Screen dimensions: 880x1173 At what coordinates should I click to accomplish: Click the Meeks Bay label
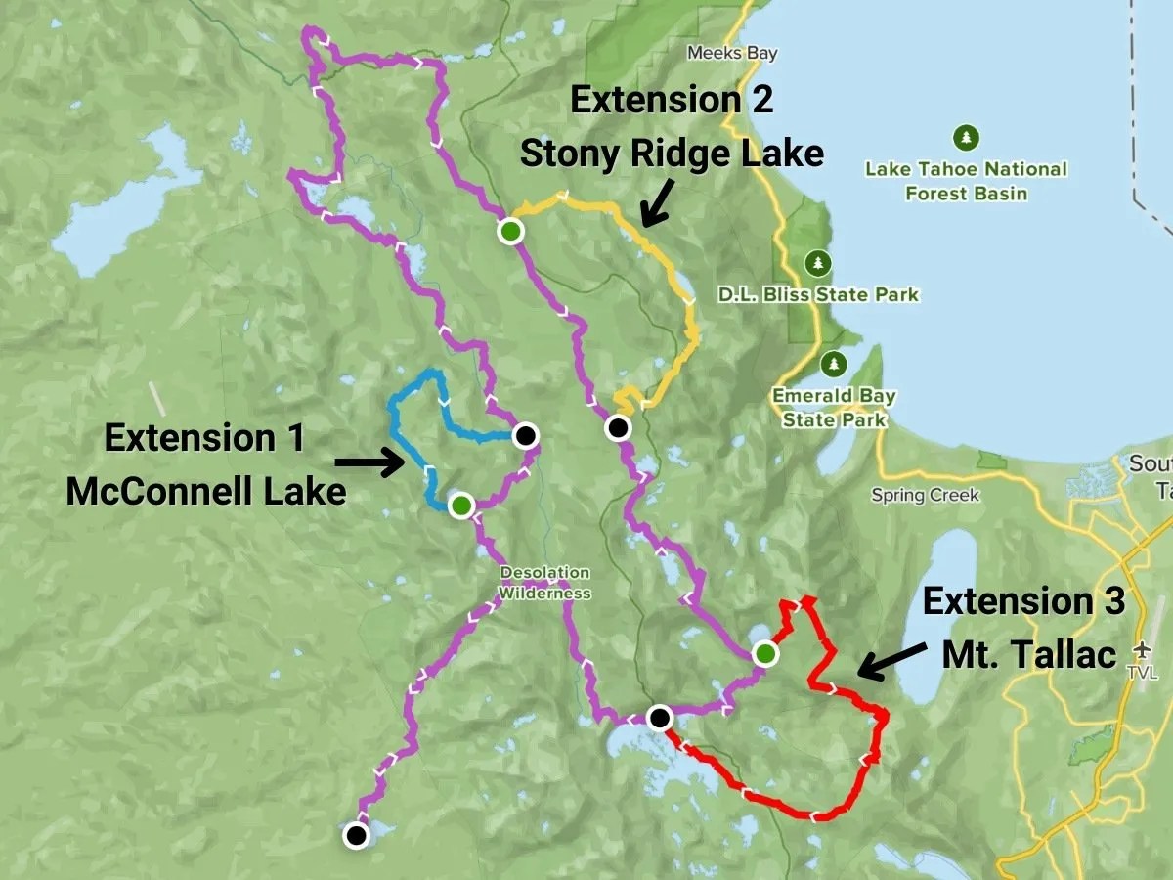point(731,53)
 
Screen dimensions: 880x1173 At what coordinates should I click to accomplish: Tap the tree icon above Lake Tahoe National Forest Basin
point(966,137)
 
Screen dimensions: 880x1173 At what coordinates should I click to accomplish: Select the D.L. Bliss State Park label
point(818,294)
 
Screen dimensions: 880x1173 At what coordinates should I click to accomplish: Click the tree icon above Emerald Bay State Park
point(834,364)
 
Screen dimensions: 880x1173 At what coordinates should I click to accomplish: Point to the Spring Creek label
point(925,495)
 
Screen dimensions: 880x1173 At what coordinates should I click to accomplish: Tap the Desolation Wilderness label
point(544,583)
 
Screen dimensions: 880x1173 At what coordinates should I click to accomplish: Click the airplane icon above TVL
point(1143,650)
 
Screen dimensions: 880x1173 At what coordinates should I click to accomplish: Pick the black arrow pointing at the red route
point(889,664)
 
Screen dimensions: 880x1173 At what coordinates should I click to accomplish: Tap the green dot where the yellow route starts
point(509,232)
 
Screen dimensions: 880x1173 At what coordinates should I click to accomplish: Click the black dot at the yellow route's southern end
point(617,427)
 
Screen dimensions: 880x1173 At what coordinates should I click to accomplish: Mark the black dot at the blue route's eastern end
point(526,434)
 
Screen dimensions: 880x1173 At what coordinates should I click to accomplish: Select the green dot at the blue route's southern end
point(460,505)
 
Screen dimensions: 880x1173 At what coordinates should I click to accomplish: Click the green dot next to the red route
point(765,652)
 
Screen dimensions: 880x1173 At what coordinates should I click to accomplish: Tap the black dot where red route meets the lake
point(660,719)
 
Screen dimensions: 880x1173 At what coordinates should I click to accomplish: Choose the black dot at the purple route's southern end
point(357,835)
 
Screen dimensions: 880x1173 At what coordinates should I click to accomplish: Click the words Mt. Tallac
point(1029,654)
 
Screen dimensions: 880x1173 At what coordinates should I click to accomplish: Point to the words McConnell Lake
point(205,490)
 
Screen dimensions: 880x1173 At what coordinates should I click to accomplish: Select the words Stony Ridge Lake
point(671,154)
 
